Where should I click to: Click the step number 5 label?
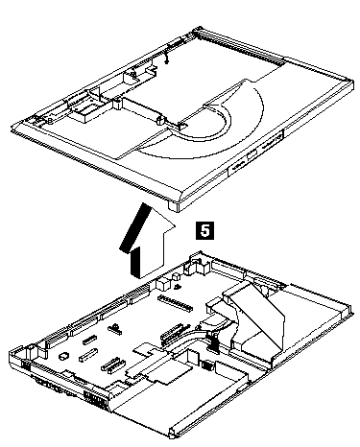[204, 230]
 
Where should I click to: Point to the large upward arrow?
[147, 241]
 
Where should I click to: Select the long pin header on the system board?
[176, 304]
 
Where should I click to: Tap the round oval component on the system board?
[63, 356]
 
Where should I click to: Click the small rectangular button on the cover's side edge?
[252, 154]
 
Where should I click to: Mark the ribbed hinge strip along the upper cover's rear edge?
[240, 46]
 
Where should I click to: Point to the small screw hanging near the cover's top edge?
[166, 59]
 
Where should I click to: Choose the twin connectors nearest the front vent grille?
[113, 365]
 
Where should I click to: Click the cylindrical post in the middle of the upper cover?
[160, 120]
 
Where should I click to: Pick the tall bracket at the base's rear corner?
[199, 264]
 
